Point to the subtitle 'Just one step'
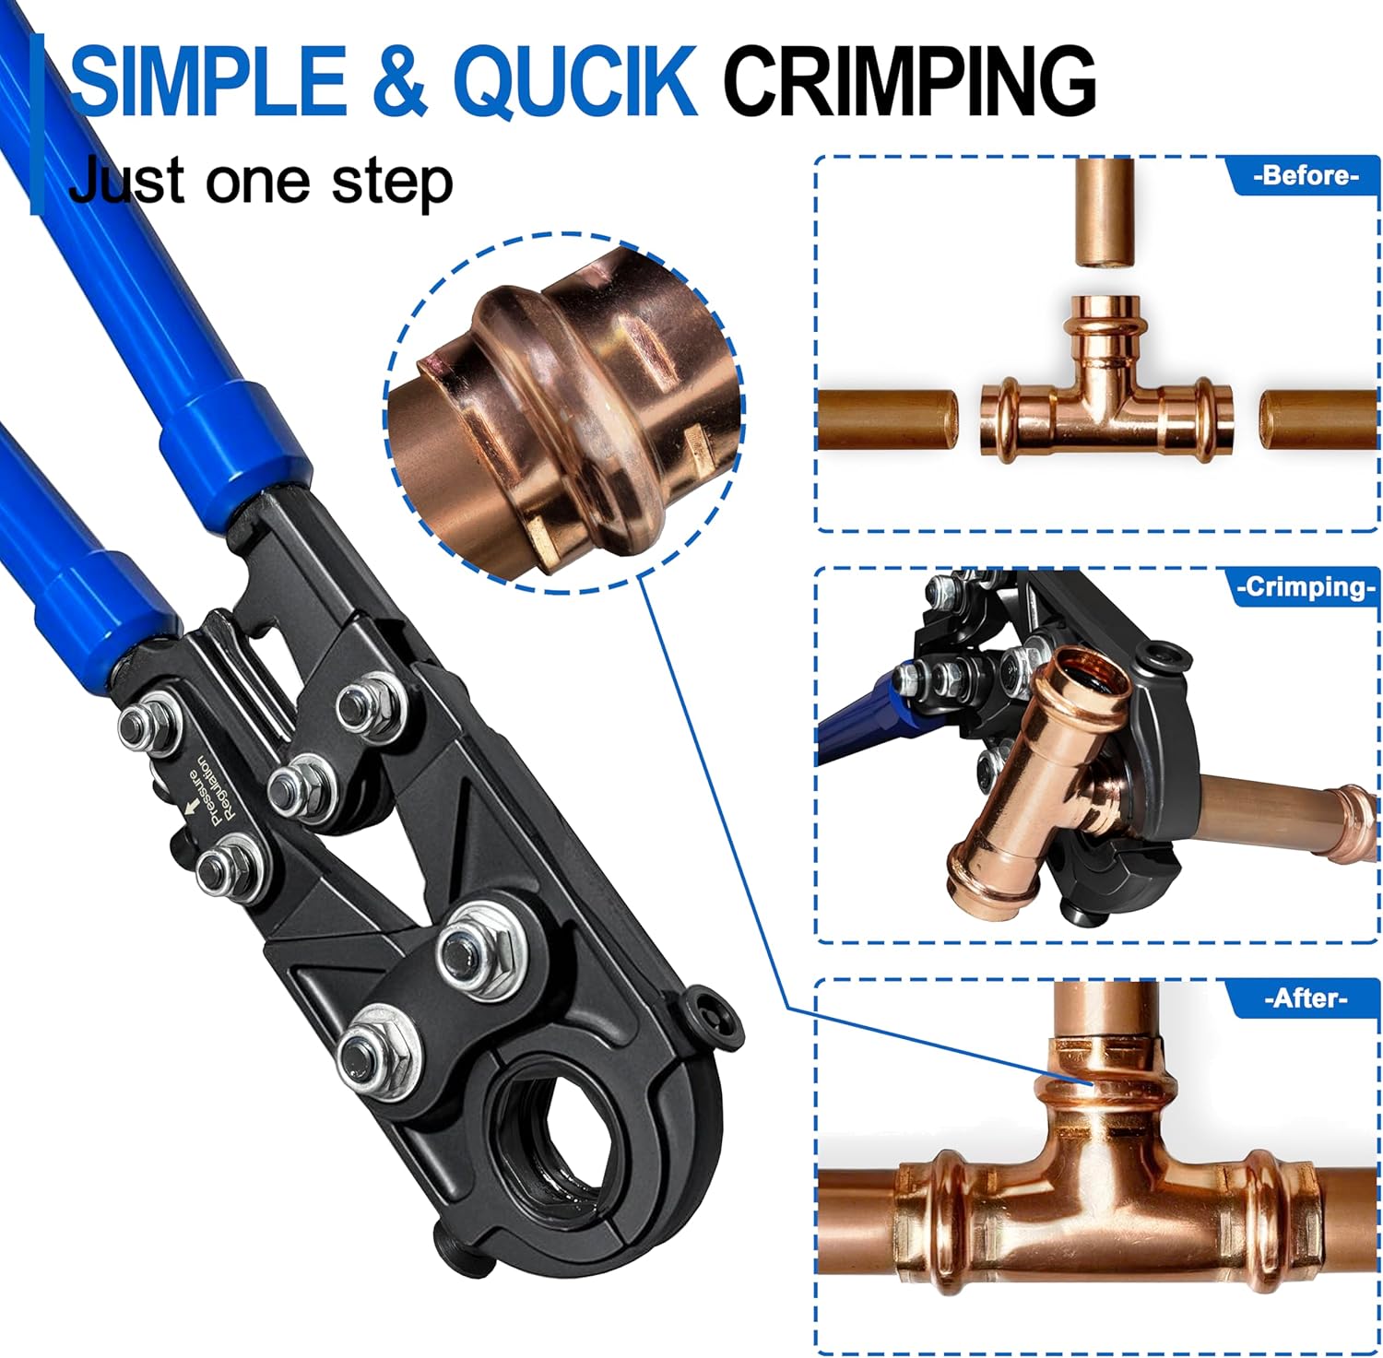(x=261, y=182)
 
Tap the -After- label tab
(x=1305, y=998)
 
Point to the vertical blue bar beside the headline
(x=37, y=124)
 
